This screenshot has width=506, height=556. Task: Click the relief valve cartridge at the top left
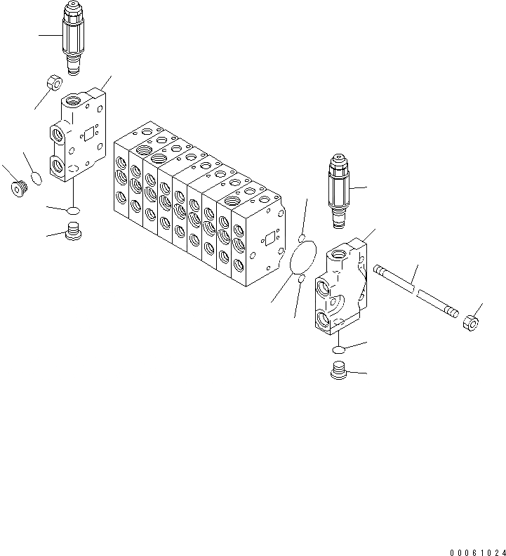pyautogui.click(x=74, y=35)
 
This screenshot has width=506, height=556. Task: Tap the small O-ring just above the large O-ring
pyautogui.click(x=301, y=237)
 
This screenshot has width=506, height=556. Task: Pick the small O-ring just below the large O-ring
pyautogui.click(x=300, y=280)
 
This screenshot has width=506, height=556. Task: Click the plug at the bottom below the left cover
pyautogui.click(x=73, y=231)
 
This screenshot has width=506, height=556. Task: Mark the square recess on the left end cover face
pyautogui.click(x=87, y=131)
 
